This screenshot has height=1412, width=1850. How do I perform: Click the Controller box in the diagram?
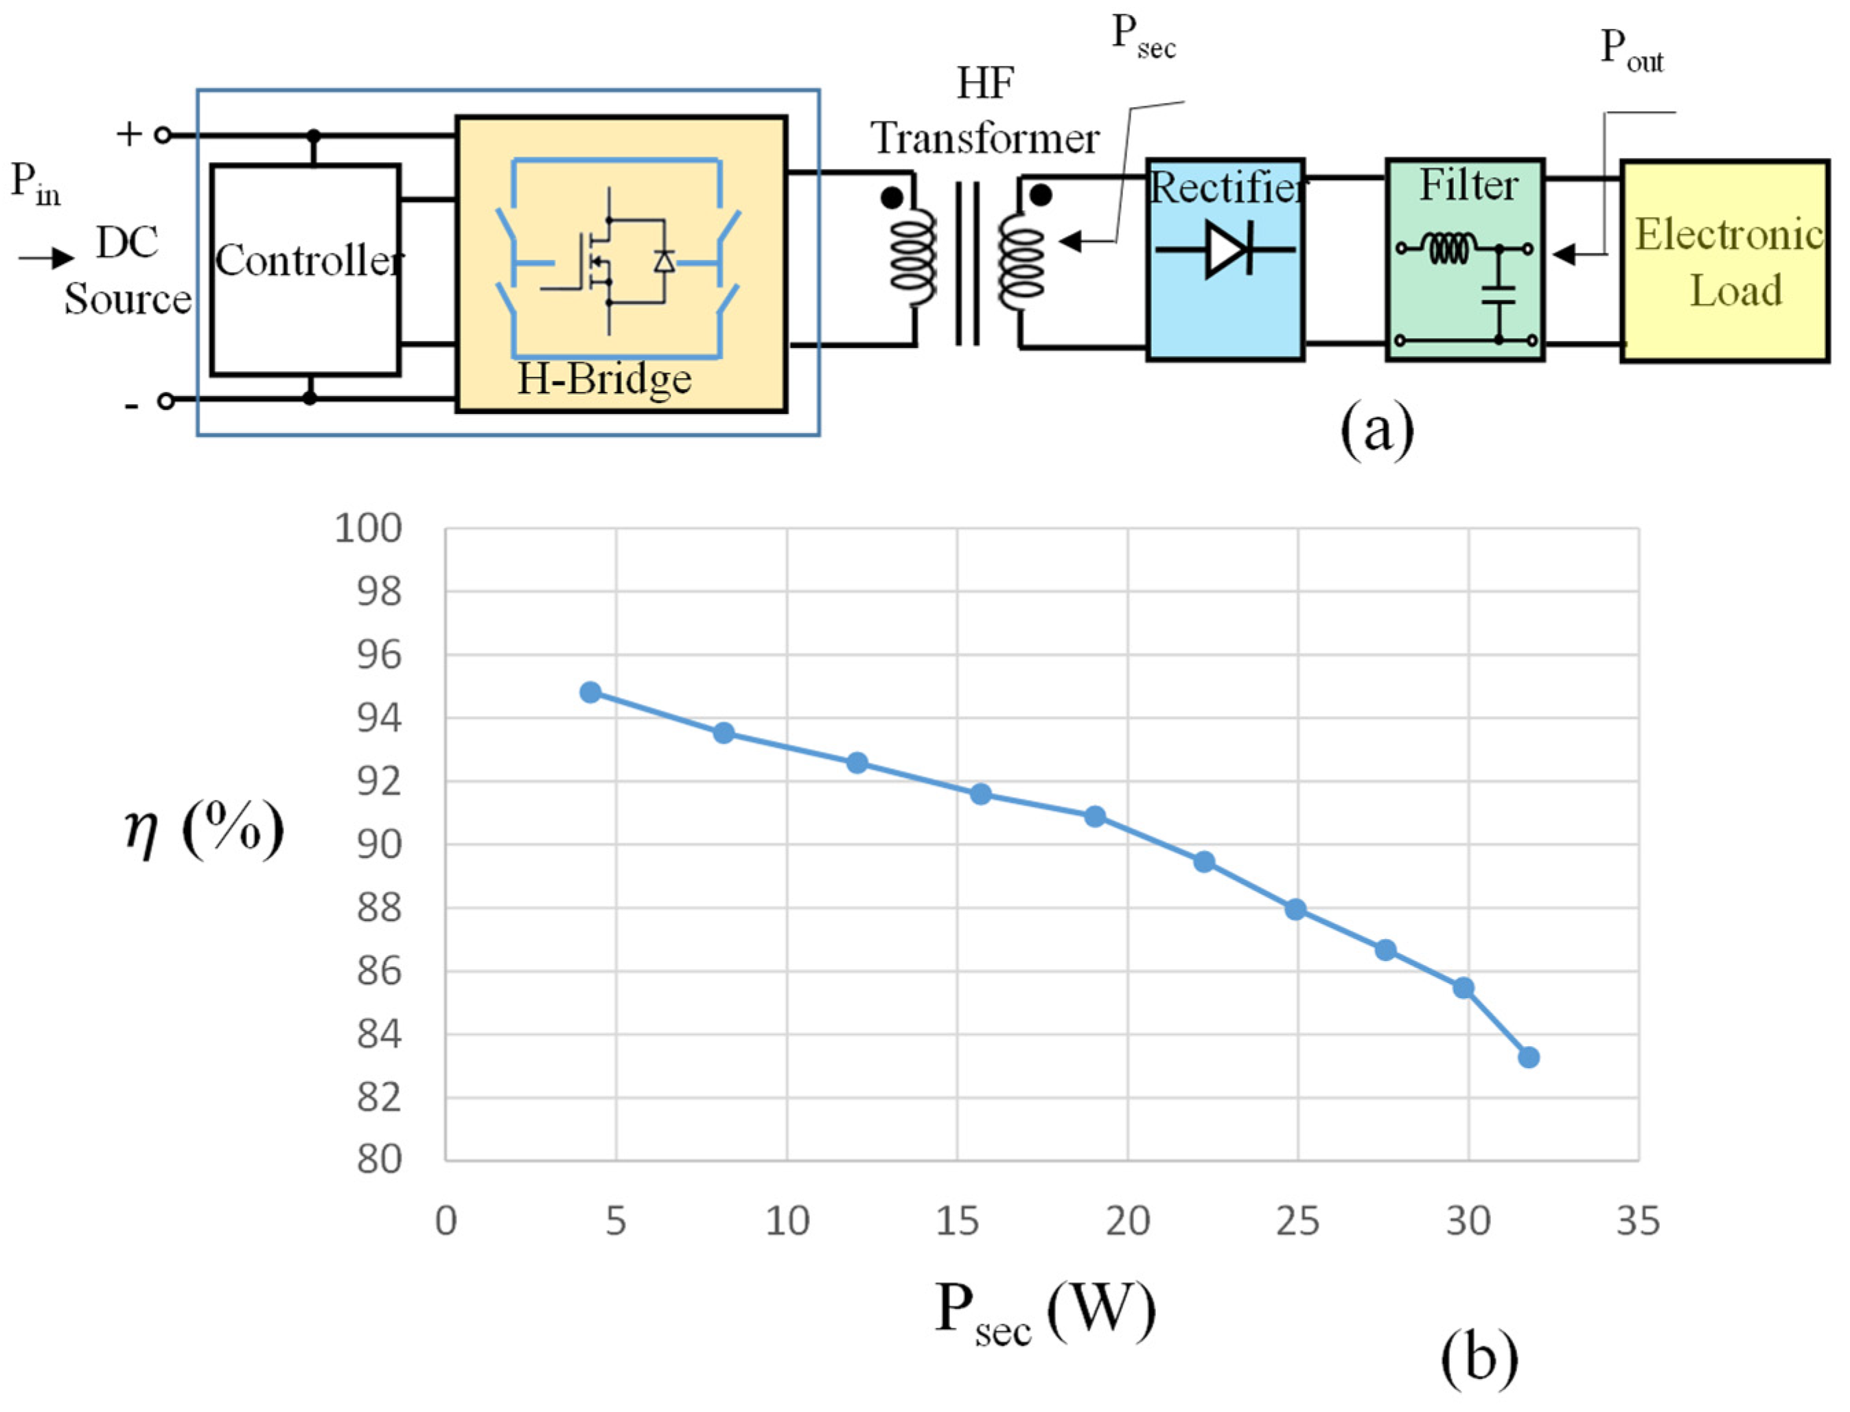click(305, 269)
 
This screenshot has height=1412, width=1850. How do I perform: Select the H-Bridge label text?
click(603, 379)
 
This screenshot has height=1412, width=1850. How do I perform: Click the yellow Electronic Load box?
click(1725, 262)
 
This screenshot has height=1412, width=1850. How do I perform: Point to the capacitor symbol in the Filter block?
click(1498, 295)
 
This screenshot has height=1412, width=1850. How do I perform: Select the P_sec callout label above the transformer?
click(1142, 38)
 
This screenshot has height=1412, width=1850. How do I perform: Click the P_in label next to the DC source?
click(35, 183)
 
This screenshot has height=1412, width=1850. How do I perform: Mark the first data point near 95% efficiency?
click(591, 693)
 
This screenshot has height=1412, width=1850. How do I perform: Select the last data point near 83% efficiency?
click(1529, 1057)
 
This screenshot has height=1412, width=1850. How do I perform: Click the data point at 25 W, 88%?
click(1295, 910)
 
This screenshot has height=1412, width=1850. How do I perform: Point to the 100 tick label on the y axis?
click(368, 529)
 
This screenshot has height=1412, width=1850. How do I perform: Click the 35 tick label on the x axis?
click(1638, 1221)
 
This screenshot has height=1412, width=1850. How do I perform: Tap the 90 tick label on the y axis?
click(379, 845)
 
